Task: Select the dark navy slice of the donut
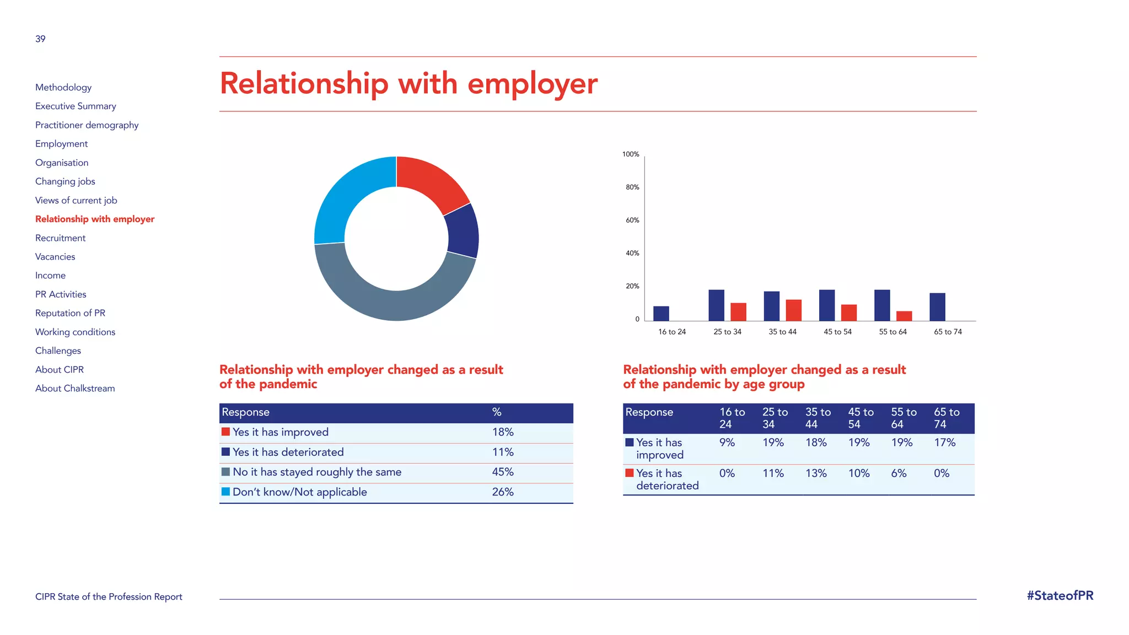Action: [x=463, y=232]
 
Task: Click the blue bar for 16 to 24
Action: [x=661, y=313]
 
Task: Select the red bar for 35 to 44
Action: [x=793, y=310]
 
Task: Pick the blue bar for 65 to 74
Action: [x=937, y=306]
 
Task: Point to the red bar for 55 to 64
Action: [x=904, y=316]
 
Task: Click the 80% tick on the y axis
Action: [x=632, y=187]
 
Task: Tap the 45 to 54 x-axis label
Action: [x=837, y=332]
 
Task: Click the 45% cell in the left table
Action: [x=503, y=472]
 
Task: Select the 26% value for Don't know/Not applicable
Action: [x=503, y=492]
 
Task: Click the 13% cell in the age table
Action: [x=816, y=473]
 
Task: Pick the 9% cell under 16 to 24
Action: [x=727, y=443]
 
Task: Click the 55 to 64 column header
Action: [x=904, y=418]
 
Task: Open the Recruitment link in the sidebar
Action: [x=61, y=238]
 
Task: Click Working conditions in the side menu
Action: [x=76, y=332]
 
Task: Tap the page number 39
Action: [x=40, y=39]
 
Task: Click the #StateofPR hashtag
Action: [x=1060, y=596]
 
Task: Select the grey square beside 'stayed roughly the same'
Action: [x=225, y=472]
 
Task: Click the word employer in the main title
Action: [x=532, y=84]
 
